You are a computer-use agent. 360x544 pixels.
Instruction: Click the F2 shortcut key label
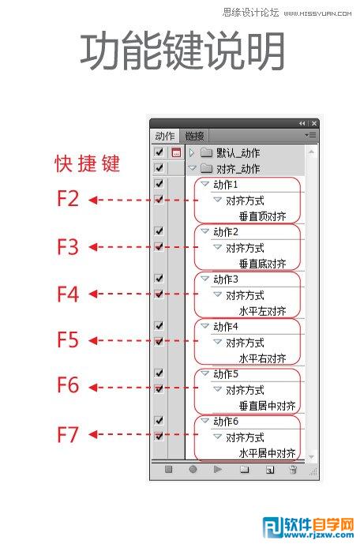68,199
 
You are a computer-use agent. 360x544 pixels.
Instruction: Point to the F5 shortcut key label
68,340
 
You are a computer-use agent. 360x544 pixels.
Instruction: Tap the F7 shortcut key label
68,434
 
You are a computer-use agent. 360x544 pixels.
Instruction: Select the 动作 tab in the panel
165,136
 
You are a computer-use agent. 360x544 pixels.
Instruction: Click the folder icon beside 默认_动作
206,152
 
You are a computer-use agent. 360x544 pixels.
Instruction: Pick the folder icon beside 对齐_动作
206,168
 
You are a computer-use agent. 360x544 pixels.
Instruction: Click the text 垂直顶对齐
263,216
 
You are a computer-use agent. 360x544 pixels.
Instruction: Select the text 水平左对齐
263,311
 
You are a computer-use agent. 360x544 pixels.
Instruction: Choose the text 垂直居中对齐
268,406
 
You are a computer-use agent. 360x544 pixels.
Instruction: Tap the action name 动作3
226,280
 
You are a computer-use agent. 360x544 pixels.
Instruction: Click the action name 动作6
226,422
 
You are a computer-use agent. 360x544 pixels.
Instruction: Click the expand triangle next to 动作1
205,183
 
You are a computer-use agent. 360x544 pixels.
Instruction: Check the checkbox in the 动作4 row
159,325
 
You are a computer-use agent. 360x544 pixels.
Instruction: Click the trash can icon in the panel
293,470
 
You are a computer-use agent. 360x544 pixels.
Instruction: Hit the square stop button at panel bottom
169,470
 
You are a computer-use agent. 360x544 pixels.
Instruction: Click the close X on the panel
314,123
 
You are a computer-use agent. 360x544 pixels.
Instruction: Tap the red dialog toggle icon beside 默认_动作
177,152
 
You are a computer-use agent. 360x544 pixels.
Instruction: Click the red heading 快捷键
87,163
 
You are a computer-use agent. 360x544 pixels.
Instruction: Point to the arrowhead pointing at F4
93,294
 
